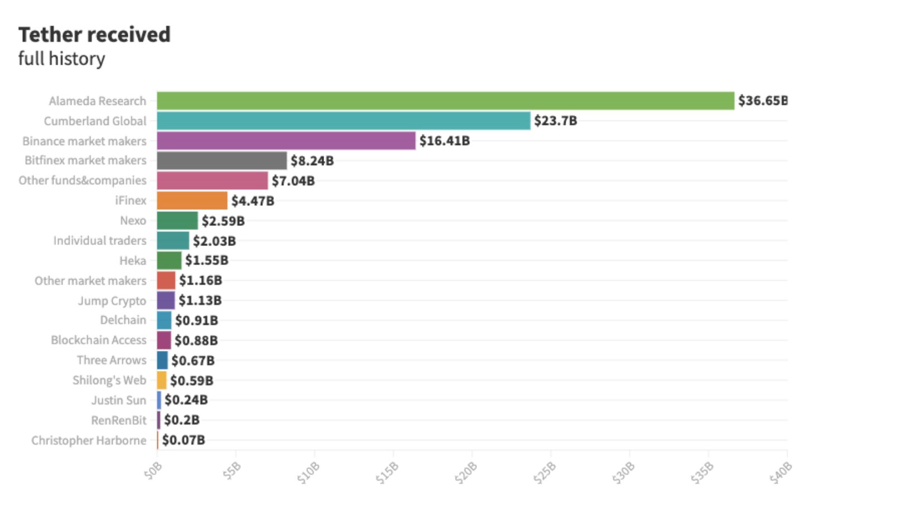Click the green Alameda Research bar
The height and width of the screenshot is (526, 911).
445,101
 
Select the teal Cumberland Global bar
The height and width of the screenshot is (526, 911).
343,121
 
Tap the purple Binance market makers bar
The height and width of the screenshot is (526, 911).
286,141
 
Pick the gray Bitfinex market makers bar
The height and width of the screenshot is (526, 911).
221,161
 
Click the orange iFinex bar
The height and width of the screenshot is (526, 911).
192,201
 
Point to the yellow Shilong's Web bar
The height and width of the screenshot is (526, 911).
162,380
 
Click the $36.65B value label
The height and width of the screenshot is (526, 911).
763,101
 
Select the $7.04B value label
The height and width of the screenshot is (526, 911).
293,181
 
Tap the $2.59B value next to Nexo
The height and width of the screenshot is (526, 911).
223,221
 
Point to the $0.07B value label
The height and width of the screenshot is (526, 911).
184,440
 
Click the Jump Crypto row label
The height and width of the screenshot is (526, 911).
112,301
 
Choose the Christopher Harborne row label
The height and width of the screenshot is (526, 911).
89,441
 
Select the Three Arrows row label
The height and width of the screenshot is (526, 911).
111,360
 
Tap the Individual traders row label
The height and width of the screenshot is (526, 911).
99,240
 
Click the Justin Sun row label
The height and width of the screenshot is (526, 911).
118,400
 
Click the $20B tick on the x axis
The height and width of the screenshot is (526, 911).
466,473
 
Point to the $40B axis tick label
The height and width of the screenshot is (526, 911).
780,473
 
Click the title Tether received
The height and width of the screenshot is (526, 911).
94,35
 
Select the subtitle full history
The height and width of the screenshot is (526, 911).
61,59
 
